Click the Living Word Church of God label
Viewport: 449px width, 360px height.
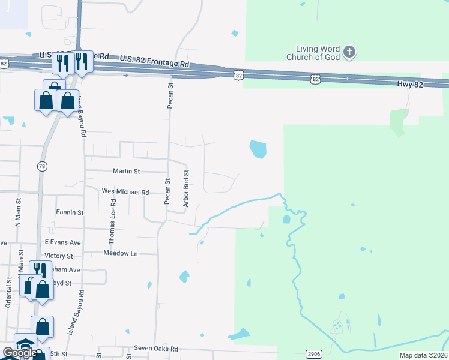pyautogui.click(x=318, y=53)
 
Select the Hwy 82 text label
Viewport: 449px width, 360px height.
pyautogui.click(x=410, y=85)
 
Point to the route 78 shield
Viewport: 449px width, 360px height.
pyautogui.click(x=41, y=167)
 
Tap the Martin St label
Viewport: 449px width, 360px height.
pyautogui.click(x=127, y=171)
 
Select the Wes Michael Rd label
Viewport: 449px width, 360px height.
pyautogui.click(x=125, y=192)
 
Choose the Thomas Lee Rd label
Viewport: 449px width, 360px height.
pyautogui.click(x=112, y=222)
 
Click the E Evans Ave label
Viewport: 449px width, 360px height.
pyautogui.click(x=62, y=242)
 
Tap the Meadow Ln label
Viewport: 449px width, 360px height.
pyautogui.click(x=120, y=253)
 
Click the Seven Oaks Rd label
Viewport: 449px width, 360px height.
pyautogui.click(x=156, y=348)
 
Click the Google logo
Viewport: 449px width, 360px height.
pyautogui.click(x=19, y=353)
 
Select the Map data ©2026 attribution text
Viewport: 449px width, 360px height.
pyautogui.click(x=423, y=355)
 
